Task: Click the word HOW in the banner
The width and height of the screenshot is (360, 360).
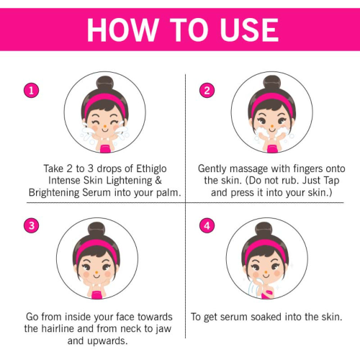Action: (x=122, y=30)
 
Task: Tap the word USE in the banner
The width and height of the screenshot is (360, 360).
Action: (x=249, y=30)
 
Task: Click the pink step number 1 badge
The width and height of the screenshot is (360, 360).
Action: (x=31, y=91)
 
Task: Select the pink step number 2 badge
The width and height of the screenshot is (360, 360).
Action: (x=207, y=91)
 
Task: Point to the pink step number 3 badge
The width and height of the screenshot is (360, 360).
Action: (x=31, y=225)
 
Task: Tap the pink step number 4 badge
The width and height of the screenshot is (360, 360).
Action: (x=207, y=225)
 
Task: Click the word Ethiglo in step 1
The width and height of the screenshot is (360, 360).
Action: (x=151, y=169)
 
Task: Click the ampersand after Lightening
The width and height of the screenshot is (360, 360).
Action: (x=158, y=181)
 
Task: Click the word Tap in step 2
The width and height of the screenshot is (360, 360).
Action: (x=331, y=181)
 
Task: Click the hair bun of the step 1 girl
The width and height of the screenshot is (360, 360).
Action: (x=105, y=84)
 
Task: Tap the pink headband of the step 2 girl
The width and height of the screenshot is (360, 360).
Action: (x=272, y=102)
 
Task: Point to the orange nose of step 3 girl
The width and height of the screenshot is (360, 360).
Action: (x=97, y=272)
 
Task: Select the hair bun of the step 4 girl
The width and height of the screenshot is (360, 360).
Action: (x=264, y=230)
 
